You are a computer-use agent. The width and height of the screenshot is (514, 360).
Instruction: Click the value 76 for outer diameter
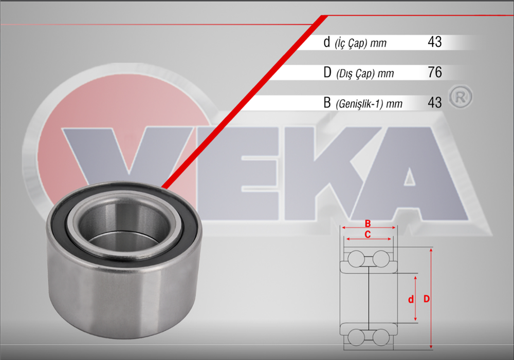(x=434, y=72)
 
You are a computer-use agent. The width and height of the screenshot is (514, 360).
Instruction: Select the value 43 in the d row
(x=434, y=42)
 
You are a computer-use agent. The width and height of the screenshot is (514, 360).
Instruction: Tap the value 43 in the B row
(x=434, y=102)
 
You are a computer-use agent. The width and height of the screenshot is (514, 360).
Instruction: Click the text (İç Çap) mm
(x=360, y=44)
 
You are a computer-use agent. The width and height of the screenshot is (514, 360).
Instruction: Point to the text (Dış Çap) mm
(x=364, y=74)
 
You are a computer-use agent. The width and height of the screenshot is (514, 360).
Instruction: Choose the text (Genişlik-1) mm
(x=369, y=104)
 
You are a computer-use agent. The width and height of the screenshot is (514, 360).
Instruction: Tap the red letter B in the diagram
(x=368, y=223)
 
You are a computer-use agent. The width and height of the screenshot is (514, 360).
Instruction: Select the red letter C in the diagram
(x=368, y=234)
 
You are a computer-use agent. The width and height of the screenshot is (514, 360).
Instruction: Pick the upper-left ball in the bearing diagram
(x=355, y=258)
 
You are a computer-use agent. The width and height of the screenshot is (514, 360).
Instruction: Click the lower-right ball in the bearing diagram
(x=381, y=337)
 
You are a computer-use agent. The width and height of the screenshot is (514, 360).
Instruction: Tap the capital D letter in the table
(x=327, y=72)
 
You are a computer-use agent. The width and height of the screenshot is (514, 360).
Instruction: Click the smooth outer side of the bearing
(x=123, y=298)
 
